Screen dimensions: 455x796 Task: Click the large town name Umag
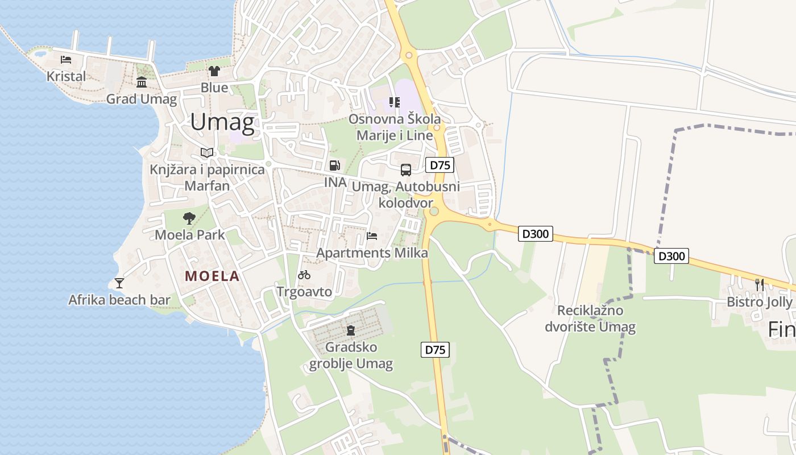coord(221,122)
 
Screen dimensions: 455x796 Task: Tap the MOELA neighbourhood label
coord(212,276)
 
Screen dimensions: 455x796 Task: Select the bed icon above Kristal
coord(66,59)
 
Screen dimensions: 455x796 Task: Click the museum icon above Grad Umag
coord(142,83)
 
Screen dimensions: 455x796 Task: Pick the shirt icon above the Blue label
coord(214,71)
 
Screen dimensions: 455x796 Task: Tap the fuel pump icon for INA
coord(335,166)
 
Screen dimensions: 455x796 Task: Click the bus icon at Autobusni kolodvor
coord(405,169)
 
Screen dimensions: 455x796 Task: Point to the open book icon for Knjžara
coord(207,152)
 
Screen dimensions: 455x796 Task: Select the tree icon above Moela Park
coord(189,218)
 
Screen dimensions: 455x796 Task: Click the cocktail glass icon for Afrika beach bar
coord(119,283)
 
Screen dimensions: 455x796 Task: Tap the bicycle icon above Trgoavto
coord(304,275)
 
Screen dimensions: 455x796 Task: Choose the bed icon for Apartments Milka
coord(372,236)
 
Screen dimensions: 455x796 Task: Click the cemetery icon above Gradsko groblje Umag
coord(351,330)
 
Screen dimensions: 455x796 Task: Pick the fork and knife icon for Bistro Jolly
coord(759,284)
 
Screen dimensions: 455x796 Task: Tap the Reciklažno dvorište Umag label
coord(590,318)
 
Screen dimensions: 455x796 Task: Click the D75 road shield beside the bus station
coord(440,166)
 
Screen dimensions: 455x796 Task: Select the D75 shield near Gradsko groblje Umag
coord(435,350)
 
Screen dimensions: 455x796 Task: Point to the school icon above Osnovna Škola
coord(394,102)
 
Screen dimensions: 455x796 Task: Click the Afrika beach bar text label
coord(119,300)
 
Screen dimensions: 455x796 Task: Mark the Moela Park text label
coord(189,234)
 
